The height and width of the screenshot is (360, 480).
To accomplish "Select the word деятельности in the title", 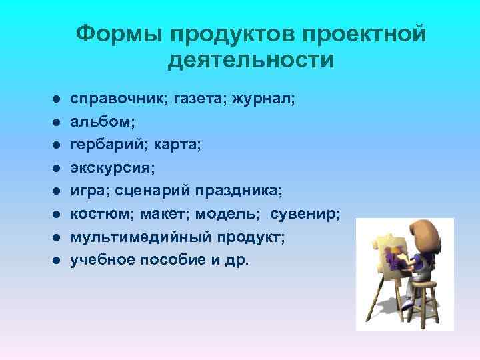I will point(251,61).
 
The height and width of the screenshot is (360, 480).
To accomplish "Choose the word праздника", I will point(239,191).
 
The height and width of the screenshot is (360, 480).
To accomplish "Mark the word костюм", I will point(100,214).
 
